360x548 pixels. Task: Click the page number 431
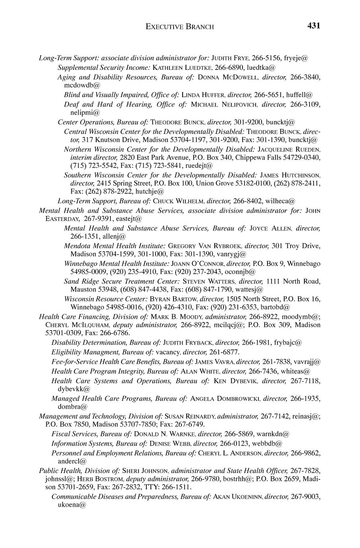pos(313,26)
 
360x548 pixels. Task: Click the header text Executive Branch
pos(180,27)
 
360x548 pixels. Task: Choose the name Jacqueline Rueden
pos(289,149)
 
